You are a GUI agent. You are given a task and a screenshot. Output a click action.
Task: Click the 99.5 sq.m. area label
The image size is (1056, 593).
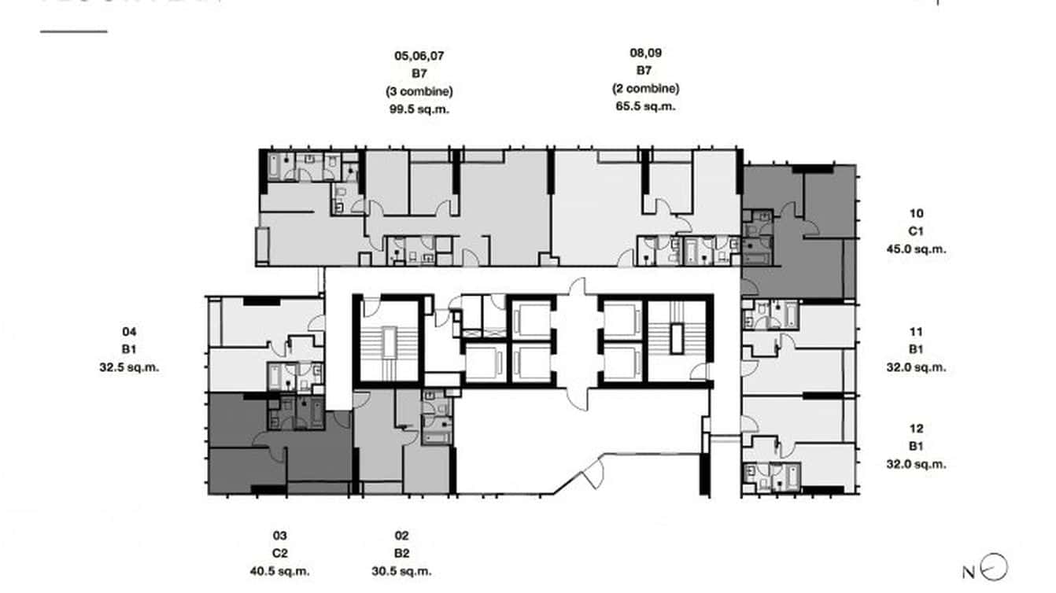tap(419, 109)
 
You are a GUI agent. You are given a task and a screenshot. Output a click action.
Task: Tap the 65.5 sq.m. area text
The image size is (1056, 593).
tap(645, 106)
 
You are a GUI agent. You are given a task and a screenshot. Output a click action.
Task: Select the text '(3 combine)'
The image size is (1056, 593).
tap(419, 91)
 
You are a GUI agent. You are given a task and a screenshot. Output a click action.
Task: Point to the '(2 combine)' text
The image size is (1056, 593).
tap(645, 89)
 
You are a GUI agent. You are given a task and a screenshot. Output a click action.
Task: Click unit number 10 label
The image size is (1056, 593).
tap(916, 213)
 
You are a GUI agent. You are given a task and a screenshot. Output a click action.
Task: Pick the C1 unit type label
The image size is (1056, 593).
tap(916, 231)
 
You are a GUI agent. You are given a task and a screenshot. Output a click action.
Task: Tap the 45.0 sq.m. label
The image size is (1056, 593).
tap(916, 249)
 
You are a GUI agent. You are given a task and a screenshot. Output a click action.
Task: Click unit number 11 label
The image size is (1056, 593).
tap(916, 332)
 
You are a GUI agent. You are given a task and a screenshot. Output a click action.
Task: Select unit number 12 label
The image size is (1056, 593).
tap(916, 429)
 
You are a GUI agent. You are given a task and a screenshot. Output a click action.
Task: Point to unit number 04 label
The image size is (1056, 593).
tap(130, 332)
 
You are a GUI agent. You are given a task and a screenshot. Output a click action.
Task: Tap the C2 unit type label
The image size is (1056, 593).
tap(280, 554)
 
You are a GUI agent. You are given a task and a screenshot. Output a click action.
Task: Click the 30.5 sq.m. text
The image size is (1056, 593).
tap(401, 572)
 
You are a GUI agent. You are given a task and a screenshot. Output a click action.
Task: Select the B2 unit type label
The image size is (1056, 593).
tap(401, 554)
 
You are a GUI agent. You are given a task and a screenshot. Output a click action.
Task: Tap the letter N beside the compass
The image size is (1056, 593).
tap(969, 572)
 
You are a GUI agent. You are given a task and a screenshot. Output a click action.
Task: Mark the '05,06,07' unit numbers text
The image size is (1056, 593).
tap(419, 56)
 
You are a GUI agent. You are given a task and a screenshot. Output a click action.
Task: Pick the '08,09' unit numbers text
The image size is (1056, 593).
tap(645, 53)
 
